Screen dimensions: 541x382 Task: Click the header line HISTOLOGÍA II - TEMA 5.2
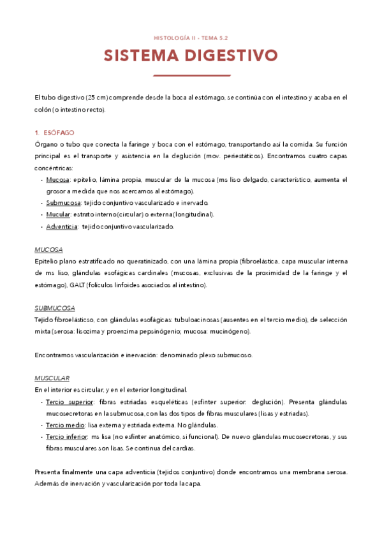click(191, 38)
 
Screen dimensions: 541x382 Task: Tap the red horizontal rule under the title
click(191, 75)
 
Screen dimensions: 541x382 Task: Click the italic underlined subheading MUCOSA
click(48, 249)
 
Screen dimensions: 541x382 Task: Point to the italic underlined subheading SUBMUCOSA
click(54, 308)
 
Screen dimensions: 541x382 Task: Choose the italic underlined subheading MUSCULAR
click(52, 378)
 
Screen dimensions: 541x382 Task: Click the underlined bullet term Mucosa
click(58, 180)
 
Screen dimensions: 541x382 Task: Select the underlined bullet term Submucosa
click(64, 203)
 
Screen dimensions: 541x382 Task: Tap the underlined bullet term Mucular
click(58, 214)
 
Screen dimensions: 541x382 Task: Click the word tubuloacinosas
click(192, 320)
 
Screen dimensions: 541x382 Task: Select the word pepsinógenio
click(177, 331)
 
